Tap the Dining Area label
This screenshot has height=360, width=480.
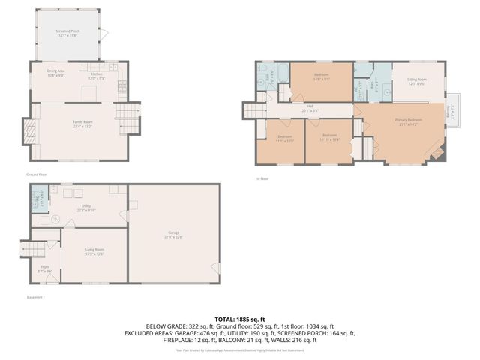pos(57,73)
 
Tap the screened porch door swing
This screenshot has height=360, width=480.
pos(105,34)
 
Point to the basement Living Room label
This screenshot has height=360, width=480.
pos(94,252)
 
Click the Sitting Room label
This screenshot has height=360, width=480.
pos(417,80)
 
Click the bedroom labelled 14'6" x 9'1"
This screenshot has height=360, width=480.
pos(322,76)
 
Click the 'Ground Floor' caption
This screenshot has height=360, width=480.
pos(37,175)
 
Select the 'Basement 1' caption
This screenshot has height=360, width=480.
pos(36,298)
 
